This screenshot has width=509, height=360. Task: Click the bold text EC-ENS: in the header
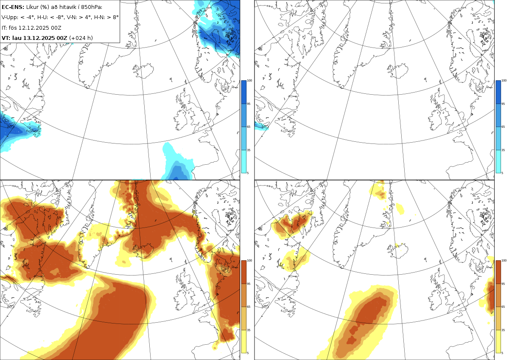pos(13,7)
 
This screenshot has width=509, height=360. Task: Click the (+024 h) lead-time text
pos(81,38)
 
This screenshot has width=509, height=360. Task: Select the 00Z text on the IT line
pos(56,28)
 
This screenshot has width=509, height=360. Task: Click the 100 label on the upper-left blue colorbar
pos(249,81)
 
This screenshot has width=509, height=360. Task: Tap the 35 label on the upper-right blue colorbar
pos(503,150)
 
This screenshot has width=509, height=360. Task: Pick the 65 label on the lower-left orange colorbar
pos(249,307)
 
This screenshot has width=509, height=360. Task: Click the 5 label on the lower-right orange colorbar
pos(502,353)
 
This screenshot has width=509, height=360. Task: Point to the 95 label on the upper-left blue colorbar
pos(249,104)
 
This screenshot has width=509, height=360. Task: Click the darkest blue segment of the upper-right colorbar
pos(498,92)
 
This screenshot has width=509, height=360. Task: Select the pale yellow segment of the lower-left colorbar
pos(243,341)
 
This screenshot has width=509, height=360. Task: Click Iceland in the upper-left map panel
pos(143,70)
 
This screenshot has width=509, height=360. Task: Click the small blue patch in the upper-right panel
pos(261,126)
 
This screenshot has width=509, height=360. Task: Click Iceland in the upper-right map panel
pos(398,70)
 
